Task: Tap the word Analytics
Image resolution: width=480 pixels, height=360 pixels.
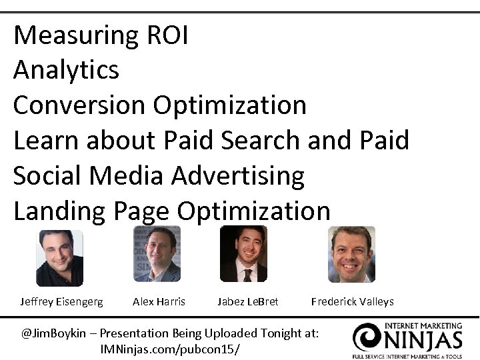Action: tap(66, 70)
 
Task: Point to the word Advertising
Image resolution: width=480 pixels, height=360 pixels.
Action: tap(238, 176)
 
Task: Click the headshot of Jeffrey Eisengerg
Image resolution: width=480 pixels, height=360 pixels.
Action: tap(59, 258)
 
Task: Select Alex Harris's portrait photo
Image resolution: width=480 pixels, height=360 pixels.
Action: tap(157, 254)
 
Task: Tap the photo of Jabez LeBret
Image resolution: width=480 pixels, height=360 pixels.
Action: tap(243, 254)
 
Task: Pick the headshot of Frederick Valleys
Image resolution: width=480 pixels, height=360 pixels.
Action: tap(351, 254)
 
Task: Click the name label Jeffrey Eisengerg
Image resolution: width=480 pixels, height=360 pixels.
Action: tap(61, 302)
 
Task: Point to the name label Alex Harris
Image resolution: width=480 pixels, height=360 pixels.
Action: tap(159, 302)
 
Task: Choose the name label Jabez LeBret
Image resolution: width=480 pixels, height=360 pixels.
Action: tap(247, 302)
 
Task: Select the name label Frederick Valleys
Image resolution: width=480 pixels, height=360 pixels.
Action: tap(352, 302)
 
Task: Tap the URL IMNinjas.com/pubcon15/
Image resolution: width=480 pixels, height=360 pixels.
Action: tap(169, 349)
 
